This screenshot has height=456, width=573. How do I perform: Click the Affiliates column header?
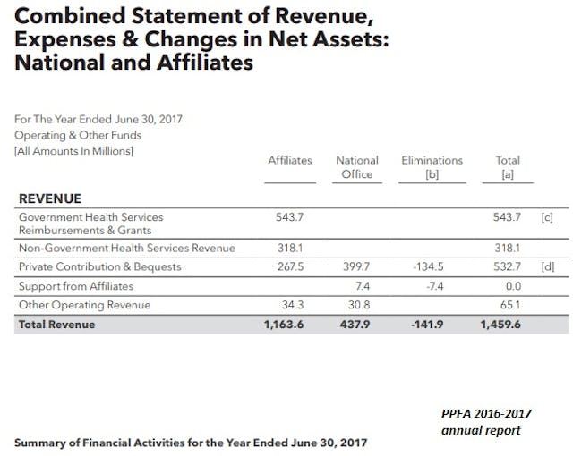tap(290, 160)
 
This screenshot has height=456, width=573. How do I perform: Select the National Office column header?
tap(357, 167)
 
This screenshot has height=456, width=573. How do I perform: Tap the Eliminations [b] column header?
tap(432, 167)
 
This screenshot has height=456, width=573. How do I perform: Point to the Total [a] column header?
tap(508, 167)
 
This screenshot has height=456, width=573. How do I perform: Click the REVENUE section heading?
tap(50, 198)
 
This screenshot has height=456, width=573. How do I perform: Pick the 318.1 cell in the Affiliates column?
tap(290, 248)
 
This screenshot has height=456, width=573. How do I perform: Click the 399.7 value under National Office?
tap(357, 266)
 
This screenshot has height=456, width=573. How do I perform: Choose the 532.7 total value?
tap(508, 266)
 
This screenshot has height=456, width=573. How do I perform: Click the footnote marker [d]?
tap(547, 266)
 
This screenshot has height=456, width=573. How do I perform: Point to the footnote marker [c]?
tap(547, 217)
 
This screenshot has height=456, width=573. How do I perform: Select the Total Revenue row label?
tap(56, 325)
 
